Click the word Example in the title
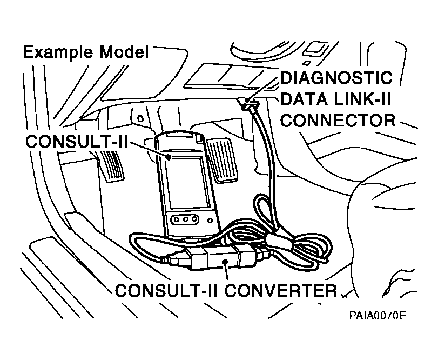pyautogui.click(x=59, y=52)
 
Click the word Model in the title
pyautogui.click(x=124, y=52)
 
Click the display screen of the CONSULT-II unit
pyautogui.click(x=187, y=183)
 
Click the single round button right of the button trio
pyautogui.click(x=206, y=219)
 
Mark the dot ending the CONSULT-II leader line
pyautogui.click(x=169, y=157)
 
